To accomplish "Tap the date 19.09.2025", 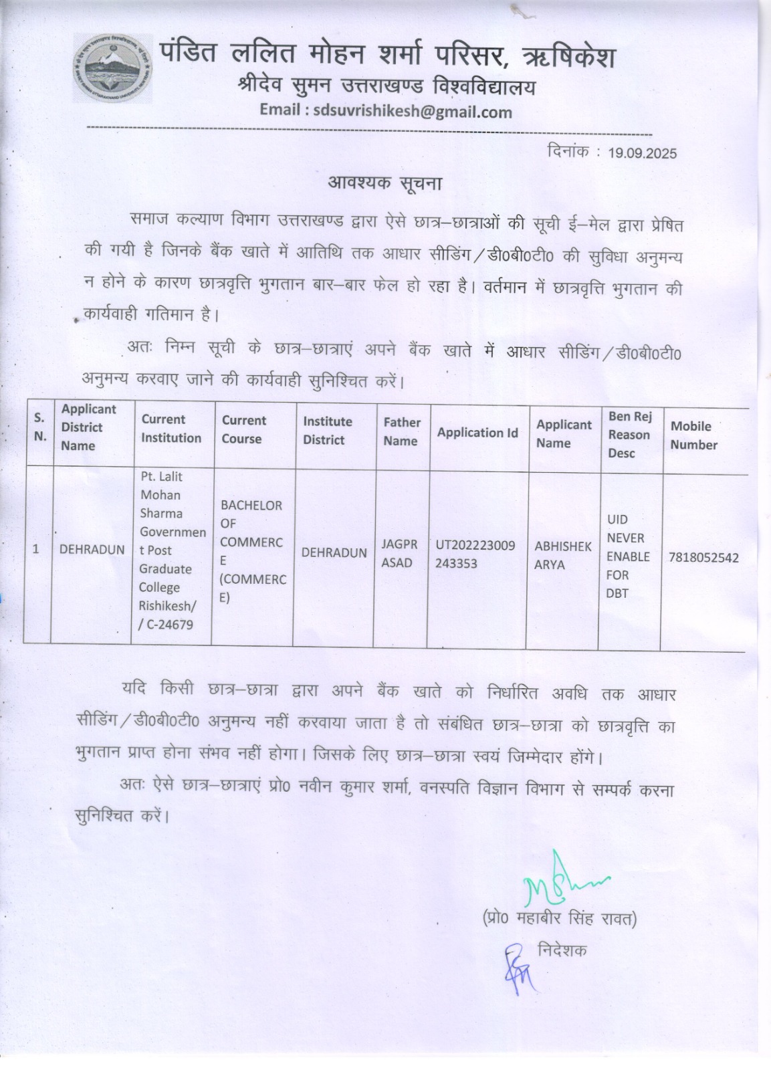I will point(642,153).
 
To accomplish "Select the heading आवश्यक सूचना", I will point(384,183).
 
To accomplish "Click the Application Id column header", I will point(477,433).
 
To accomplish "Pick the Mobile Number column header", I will point(693,435).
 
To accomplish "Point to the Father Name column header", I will point(401,431).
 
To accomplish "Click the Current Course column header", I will point(243,429).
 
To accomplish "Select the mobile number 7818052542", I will point(703,557).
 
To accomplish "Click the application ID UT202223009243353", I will point(475,554).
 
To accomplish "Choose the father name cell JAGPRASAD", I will point(399,554).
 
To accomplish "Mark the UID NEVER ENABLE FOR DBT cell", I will point(627,556).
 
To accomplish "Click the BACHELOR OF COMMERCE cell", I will point(252,551).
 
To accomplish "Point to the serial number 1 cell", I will point(36,549).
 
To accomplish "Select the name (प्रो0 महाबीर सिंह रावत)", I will point(559,919).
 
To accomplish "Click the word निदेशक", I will point(562,950).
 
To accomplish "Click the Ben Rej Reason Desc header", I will point(629,435).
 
